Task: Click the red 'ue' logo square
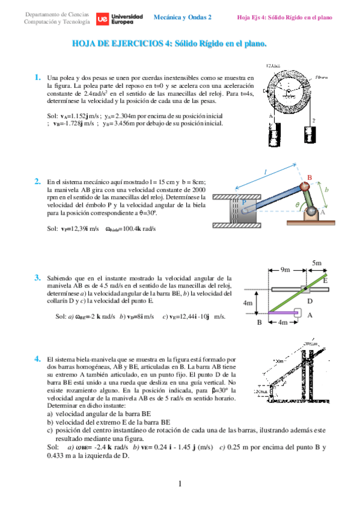(x=103, y=19)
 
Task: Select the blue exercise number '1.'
(x=38, y=77)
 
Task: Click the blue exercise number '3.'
(x=38, y=277)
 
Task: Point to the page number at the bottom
(x=180, y=484)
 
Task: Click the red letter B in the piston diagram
(x=310, y=177)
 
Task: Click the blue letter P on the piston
(x=244, y=203)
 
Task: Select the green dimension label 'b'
(x=327, y=189)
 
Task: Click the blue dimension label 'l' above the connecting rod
(x=265, y=171)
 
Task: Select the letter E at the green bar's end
(x=325, y=280)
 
